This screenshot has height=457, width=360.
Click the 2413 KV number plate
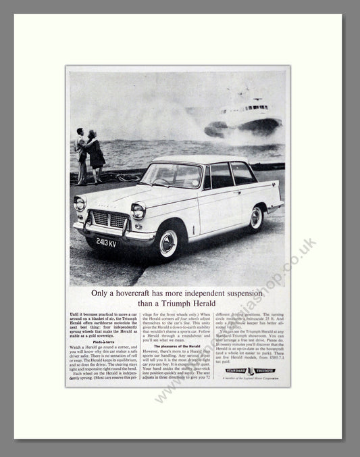click(106, 241)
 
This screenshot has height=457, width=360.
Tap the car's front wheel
click(168, 242)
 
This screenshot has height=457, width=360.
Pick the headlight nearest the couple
click(80, 203)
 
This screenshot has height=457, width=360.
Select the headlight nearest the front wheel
click(138, 211)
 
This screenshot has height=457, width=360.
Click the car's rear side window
click(242, 174)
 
